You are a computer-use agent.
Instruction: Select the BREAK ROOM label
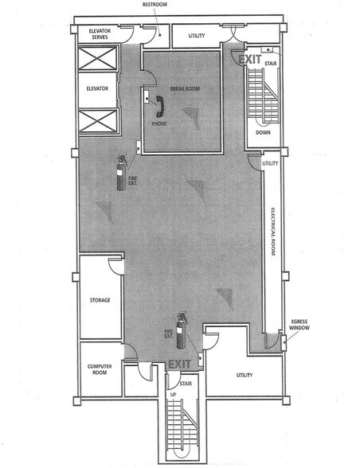(x=185, y=89)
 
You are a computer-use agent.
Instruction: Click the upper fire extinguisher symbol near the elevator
(x=123, y=168)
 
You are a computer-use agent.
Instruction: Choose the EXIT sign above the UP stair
(x=179, y=365)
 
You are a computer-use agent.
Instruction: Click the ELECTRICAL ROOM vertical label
(x=272, y=232)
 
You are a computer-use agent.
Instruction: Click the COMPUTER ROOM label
(x=98, y=369)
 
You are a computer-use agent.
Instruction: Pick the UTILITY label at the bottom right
(x=245, y=373)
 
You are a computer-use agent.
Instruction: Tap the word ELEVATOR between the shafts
(x=96, y=89)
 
